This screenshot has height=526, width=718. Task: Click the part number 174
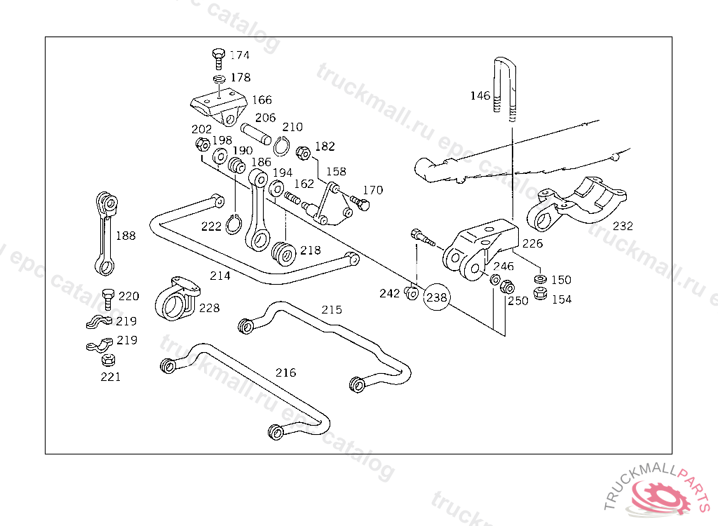pos(240,55)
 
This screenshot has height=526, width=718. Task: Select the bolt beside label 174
pos(219,58)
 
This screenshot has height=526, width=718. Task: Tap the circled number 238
pos(437,297)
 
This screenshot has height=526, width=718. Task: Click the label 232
pos(623,226)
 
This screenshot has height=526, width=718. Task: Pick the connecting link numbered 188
pos(107,234)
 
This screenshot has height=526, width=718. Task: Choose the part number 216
pos(286,372)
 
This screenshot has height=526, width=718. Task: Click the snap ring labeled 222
pos(233,224)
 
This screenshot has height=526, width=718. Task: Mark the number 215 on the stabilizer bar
pos(332,310)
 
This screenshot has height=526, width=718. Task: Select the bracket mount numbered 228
pos(177,299)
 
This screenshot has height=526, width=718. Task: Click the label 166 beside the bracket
pos(262,100)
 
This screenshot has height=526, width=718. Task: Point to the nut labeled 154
pos(541,294)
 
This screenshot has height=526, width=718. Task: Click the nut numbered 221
pos(108,360)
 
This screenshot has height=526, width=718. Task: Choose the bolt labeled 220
pos(107,299)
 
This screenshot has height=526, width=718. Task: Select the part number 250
pos(518,301)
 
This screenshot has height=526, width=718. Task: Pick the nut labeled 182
pos(303,153)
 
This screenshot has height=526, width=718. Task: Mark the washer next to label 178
pos(219,79)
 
